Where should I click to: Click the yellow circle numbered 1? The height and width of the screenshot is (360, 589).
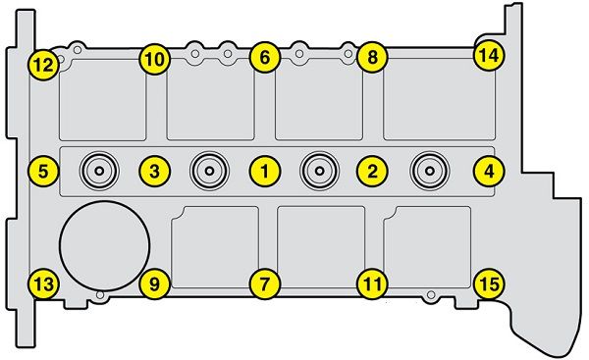(x=265, y=172)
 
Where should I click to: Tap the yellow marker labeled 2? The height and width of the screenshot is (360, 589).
(x=372, y=172)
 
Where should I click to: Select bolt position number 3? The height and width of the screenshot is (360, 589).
(x=155, y=172)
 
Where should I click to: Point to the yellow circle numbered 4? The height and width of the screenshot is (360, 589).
(x=489, y=172)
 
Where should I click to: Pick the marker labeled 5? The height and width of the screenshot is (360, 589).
(x=43, y=172)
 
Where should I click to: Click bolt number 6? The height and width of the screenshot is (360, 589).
(x=265, y=58)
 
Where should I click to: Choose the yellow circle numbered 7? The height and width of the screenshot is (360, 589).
(x=265, y=283)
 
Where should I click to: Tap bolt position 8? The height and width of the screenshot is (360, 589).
(x=372, y=58)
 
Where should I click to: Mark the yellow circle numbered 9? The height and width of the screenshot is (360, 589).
(x=155, y=283)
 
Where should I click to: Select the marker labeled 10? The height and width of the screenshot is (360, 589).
(x=155, y=59)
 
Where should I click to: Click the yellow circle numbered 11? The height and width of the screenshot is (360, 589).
(x=372, y=283)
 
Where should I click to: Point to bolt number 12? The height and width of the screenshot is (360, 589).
(x=43, y=65)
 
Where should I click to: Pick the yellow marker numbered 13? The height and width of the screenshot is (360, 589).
(x=43, y=283)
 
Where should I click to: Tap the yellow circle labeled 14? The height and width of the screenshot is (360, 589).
(x=489, y=56)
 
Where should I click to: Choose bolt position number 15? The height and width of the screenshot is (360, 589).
(x=489, y=283)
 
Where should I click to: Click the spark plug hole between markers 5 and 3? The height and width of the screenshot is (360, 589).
(x=99, y=172)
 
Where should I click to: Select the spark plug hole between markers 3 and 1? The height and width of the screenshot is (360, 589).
(x=210, y=172)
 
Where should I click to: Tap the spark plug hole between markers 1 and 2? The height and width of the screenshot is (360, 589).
(x=319, y=172)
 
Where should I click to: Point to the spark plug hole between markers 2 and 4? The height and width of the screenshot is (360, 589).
(x=430, y=172)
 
